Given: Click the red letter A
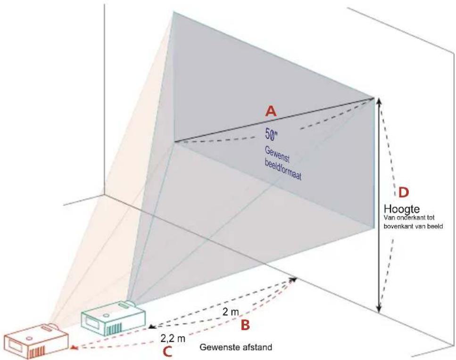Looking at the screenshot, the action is tap(271, 111).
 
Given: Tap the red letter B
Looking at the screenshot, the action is tap(245, 326).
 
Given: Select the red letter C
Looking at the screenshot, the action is tap(167, 352).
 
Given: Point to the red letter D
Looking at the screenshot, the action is tap(403, 192).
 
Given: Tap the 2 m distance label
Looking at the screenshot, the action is tap(231, 312).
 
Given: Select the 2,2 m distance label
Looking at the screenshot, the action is tap(173, 338).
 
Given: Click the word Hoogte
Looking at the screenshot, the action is tap(402, 209).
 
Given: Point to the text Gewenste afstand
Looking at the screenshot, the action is tap(236, 347).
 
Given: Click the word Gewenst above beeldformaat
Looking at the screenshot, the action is tap(277, 155).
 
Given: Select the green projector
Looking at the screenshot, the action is tap(114, 318).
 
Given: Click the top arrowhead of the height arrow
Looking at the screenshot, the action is tap(379, 101).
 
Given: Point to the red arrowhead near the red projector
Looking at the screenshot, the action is tap(74, 347).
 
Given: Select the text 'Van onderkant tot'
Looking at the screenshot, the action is tap(409, 218).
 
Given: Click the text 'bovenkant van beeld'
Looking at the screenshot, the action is tap(413, 226).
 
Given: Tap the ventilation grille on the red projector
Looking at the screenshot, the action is tap(37, 352).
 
